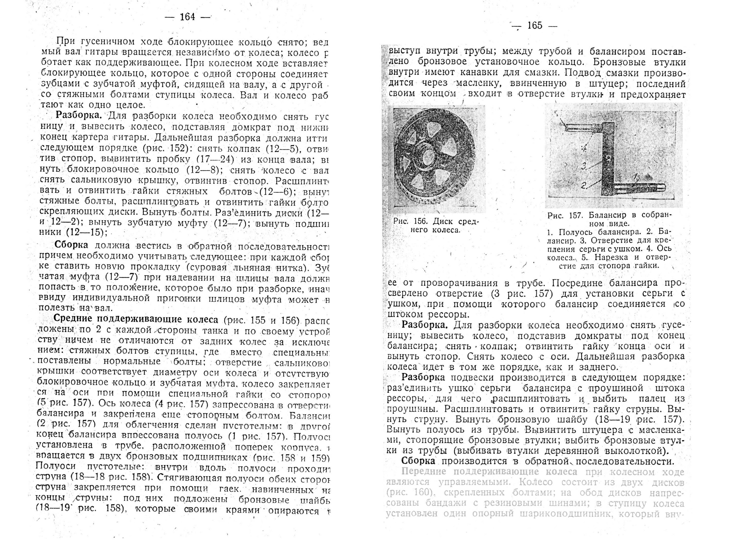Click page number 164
click(188, 17)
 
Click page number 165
click(535, 26)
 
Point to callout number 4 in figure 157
click(583, 148)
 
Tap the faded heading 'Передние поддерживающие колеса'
click(489, 472)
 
